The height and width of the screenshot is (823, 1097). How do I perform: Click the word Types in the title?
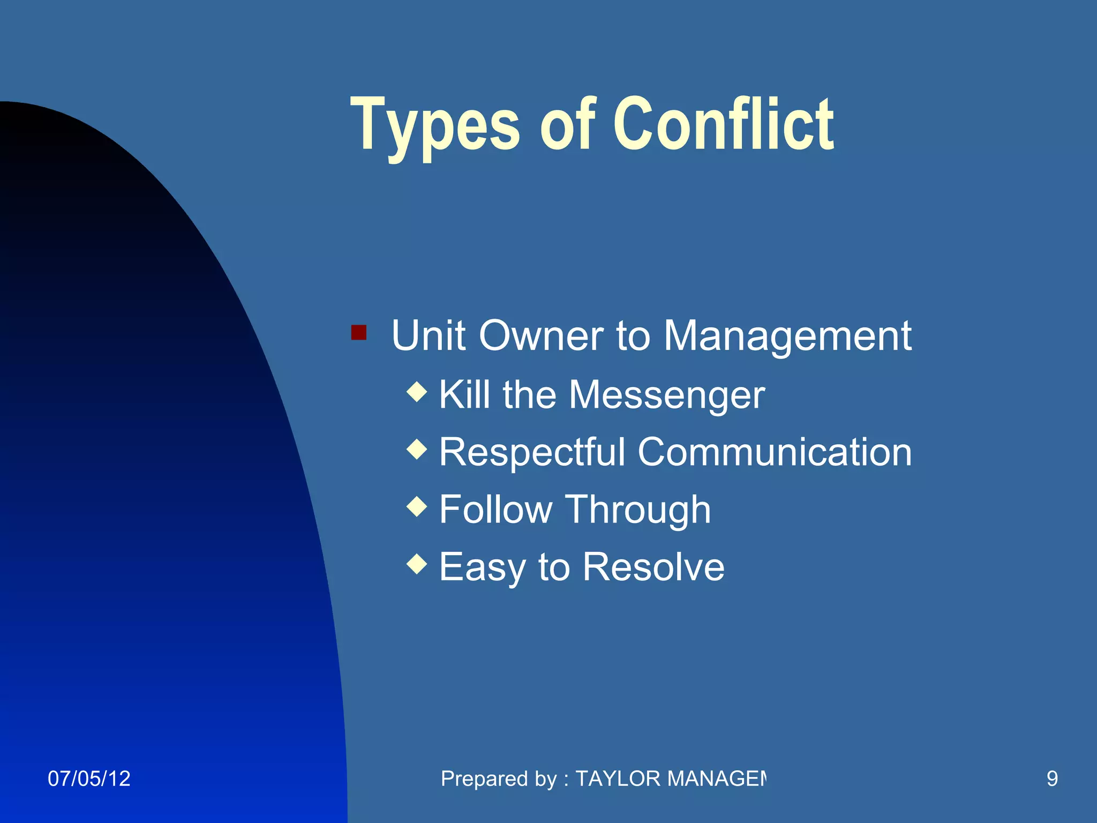click(x=434, y=126)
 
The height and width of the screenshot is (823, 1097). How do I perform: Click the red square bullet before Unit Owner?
click(x=358, y=333)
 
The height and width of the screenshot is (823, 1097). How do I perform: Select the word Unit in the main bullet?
click(x=428, y=336)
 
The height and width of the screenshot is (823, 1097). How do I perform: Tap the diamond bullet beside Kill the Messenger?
click(x=417, y=392)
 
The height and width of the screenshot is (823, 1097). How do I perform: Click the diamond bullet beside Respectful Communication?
click(x=417, y=450)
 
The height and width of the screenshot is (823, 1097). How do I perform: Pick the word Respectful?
click(x=532, y=453)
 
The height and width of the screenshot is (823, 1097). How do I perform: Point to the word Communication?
click(x=775, y=452)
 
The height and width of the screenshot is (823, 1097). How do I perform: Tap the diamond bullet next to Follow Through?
click(x=417, y=507)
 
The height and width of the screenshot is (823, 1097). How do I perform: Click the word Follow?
click(x=495, y=509)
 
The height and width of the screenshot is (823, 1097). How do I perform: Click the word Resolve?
click(x=653, y=567)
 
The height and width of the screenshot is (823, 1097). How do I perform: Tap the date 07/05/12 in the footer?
click(x=89, y=779)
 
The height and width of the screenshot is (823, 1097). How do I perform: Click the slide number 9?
click(x=1052, y=779)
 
